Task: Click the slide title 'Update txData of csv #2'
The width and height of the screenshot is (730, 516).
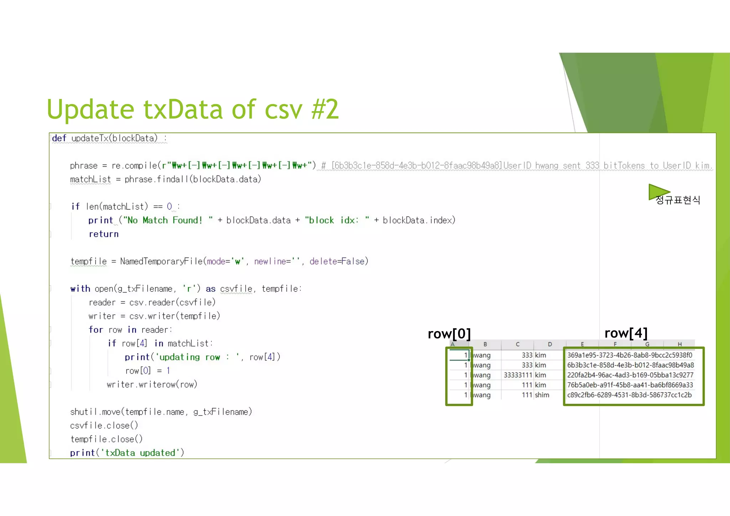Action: coord(192,109)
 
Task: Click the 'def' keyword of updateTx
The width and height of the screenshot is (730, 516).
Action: coord(59,138)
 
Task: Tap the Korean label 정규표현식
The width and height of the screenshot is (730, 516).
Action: coord(678,200)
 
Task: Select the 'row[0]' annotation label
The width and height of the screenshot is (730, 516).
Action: coord(449,334)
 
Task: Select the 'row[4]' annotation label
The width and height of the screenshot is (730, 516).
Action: coord(626,333)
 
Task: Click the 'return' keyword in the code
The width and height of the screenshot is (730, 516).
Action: coord(103,234)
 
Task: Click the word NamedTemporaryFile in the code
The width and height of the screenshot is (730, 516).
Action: coord(161,261)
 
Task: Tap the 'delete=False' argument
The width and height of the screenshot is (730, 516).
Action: coord(337,261)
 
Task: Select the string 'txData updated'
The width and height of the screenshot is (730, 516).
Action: coord(140,453)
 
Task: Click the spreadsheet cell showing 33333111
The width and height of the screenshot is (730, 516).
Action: coord(518,375)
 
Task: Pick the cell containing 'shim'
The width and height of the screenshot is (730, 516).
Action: coord(542,395)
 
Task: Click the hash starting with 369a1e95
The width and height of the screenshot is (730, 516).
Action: coord(629,355)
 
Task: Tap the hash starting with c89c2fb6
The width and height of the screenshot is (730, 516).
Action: coord(629,395)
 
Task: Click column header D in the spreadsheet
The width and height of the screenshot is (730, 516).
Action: coord(550,344)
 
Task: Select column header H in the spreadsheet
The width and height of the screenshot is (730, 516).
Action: coord(679,344)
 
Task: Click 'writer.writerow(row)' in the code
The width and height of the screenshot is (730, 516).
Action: coord(152,385)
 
